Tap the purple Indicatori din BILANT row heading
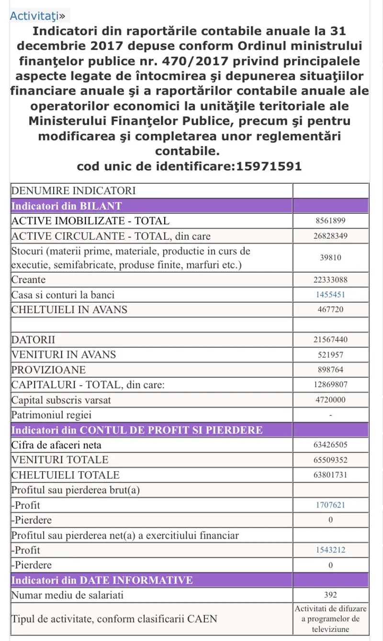click(67, 206)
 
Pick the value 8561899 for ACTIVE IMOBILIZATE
click(330, 221)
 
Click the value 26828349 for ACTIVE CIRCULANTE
click(330, 236)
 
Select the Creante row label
click(28, 280)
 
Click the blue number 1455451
click(330, 295)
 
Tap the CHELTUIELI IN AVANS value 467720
click(330, 309)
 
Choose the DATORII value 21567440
click(330, 340)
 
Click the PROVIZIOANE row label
click(48, 370)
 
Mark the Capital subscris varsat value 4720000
click(330, 400)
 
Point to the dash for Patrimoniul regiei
click(330, 415)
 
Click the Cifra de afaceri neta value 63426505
click(330, 445)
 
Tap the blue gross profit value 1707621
click(330, 505)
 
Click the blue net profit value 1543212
click(330, 550)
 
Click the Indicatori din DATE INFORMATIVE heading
click(101, 581)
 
